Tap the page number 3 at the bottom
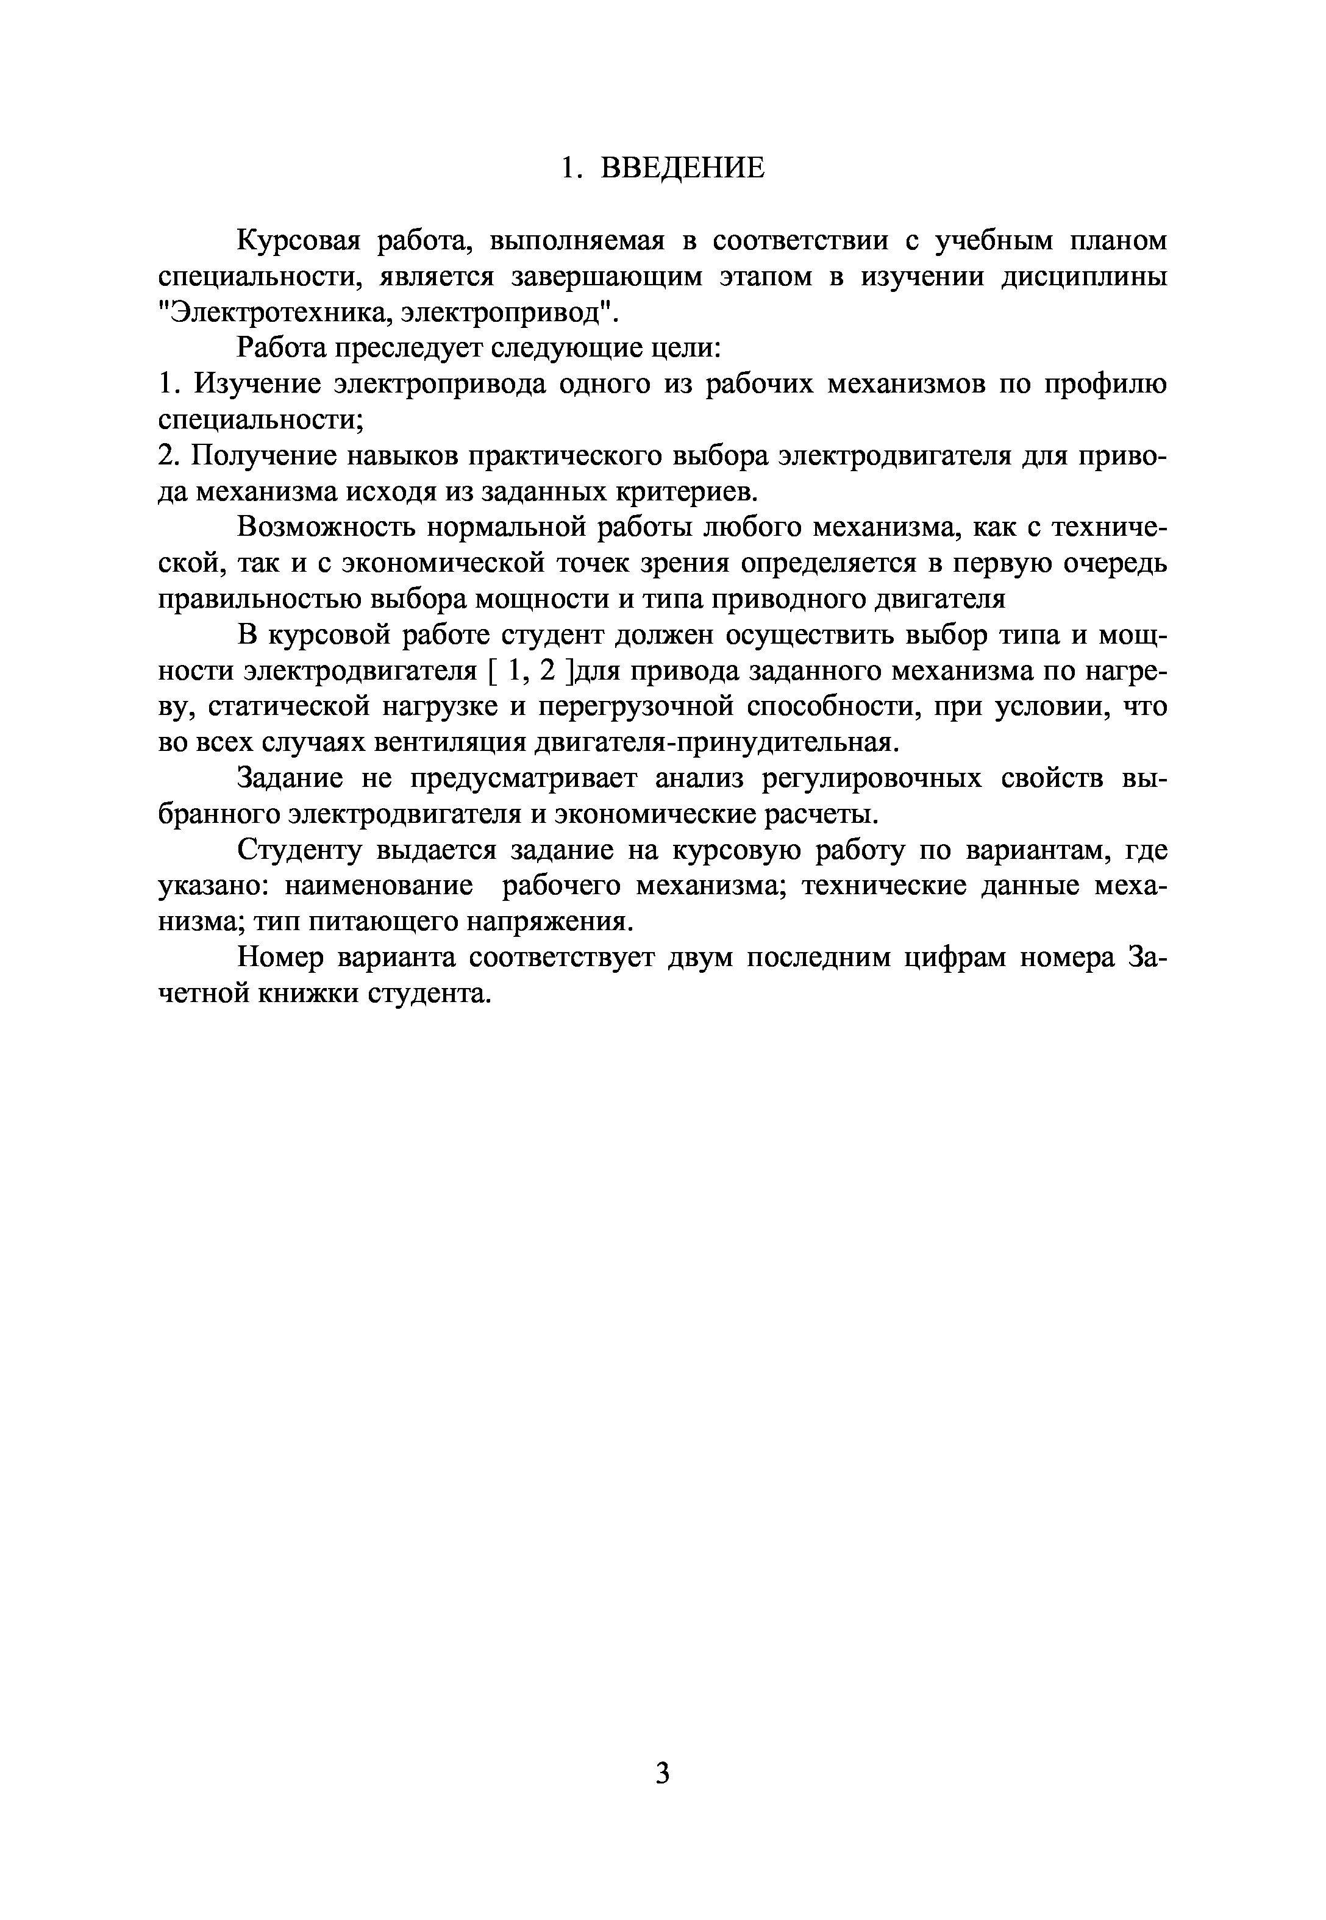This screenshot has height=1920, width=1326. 662,1773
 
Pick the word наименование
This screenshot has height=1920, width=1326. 379,886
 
